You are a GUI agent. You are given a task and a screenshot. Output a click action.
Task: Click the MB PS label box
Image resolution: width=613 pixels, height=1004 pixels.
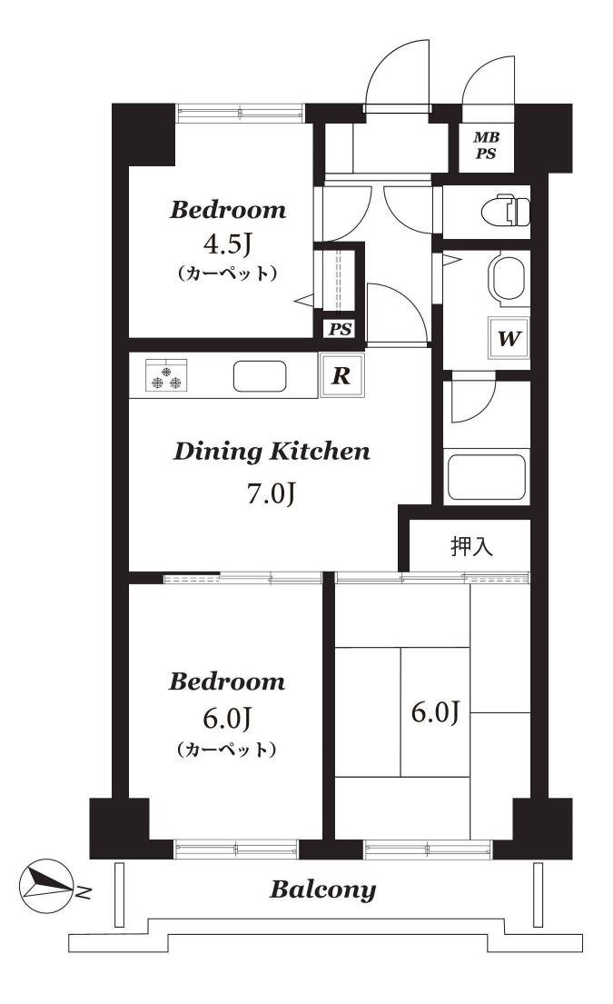click(486, 146)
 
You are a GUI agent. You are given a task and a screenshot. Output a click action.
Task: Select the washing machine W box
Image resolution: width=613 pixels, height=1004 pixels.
click(508, 338)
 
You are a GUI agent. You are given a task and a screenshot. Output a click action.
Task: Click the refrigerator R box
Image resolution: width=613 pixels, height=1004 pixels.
click(341, 375)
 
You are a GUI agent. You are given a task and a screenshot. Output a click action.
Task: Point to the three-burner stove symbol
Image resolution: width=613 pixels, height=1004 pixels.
click(166, 374)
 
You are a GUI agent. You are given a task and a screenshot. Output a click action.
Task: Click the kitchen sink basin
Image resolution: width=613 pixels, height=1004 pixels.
click(260, 376)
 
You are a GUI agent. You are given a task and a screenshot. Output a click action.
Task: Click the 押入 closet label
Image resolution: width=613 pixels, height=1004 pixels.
click(471, 545)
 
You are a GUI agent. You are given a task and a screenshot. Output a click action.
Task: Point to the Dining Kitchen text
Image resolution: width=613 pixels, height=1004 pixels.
click(272, 452)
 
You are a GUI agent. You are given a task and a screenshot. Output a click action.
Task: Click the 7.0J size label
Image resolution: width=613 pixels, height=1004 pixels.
click(272, 493)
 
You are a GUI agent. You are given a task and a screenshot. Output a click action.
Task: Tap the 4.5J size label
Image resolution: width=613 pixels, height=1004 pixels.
click(228, 244)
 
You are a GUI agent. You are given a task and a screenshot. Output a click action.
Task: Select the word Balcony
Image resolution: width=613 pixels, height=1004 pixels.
click(322, 890)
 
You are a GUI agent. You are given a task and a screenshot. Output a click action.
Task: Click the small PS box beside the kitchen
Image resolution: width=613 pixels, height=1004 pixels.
click(341, 329)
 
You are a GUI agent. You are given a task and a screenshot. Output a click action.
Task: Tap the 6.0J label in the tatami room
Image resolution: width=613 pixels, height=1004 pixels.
click(435, 712)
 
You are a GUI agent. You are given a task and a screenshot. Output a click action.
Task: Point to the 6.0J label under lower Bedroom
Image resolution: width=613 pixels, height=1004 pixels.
click(226, 719)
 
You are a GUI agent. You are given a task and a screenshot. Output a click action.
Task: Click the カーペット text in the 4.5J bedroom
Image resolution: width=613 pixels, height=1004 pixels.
click(227, 273)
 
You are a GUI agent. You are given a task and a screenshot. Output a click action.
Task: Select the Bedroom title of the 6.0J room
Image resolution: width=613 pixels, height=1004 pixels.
click(226, 681)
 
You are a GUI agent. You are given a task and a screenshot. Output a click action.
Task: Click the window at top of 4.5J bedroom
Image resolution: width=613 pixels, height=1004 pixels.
click(240, 114)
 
